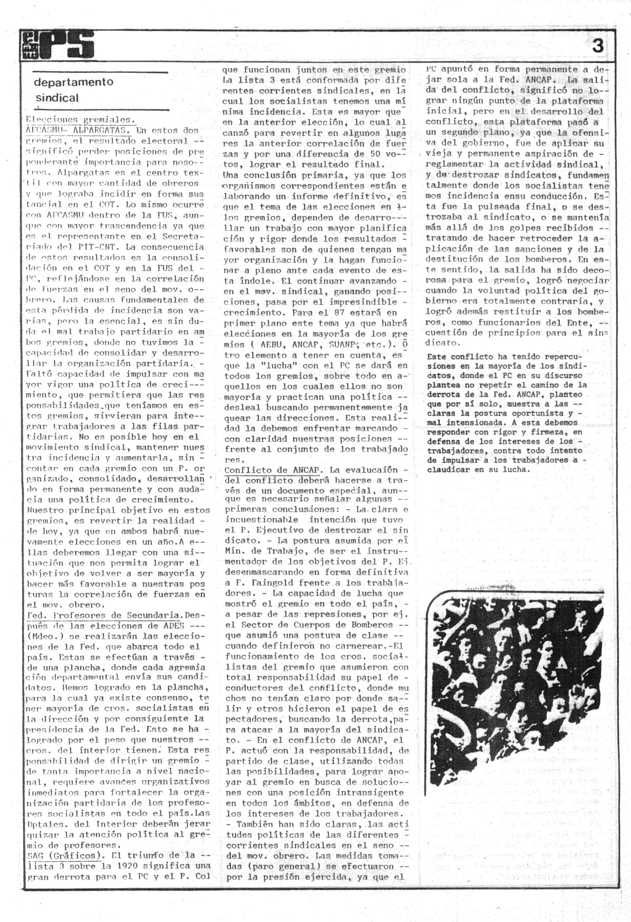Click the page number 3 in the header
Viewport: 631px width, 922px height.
[598, 46]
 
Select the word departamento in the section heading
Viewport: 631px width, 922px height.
[74, 82]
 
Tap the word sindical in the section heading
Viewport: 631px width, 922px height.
[57, 97]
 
